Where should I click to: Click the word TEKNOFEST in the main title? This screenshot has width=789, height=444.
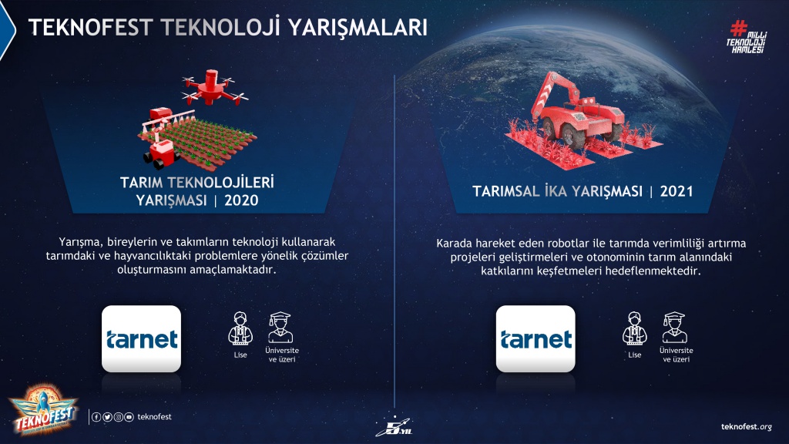(x=91, y=27)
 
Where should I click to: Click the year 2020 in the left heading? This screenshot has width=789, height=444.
(x=241, y=200)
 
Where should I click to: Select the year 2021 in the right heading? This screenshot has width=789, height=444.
(x=677, y=191)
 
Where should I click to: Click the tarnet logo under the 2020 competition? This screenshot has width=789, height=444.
(x=142, y=339)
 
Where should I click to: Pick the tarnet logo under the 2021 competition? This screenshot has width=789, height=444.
(x=536, y=339)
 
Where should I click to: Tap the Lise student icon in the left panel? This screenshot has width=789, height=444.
(x=240, y=328)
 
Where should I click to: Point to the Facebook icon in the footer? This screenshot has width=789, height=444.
(x=96, y=417)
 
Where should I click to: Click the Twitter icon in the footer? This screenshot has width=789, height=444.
(x=107, y=417)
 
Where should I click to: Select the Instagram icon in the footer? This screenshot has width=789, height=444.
(x=118, y=417)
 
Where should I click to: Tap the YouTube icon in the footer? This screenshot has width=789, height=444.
(x=129, y=417)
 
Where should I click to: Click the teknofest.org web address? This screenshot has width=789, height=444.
(x=746, y=427)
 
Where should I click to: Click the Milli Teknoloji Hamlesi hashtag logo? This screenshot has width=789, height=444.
(x=746, y=37)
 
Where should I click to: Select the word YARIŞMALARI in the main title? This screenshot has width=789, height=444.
(x=358, y=27)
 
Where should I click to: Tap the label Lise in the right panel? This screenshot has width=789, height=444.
(x=635, y=355)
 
